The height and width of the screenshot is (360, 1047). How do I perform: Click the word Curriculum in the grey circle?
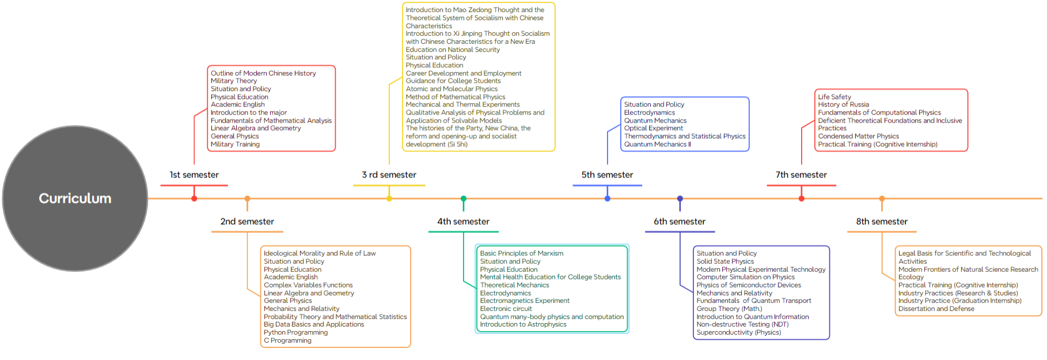tap(75, 199)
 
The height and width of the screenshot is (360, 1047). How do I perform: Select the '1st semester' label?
tap(194, 175)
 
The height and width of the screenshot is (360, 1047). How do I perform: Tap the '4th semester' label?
tap(463, 222)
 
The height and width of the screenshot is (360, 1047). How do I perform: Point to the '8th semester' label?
tap(881, 222)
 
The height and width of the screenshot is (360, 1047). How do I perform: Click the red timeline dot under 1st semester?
tap(194, 199)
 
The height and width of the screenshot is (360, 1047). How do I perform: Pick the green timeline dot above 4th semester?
tap(464, 199)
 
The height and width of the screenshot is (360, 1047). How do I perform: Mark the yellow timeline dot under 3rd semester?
tap(389, 199)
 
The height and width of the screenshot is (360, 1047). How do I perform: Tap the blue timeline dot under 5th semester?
tap(608, 199)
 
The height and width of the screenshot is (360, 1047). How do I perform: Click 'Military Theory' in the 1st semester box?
tap(234, 81)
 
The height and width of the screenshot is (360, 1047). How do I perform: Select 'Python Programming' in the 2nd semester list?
tap(295, 332)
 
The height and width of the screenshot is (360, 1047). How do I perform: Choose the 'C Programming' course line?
tap(287, 340)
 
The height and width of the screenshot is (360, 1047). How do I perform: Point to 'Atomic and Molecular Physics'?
tap(452, 89)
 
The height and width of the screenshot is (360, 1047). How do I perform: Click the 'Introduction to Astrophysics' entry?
tap(523, 324)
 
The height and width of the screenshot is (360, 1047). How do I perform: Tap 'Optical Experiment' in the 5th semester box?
tap(654, 128)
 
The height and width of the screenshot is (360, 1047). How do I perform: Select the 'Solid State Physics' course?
tap(725, 262)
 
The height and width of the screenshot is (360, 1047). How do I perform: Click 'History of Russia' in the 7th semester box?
tap(843, 105)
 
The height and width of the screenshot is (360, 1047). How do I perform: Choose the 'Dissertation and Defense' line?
tap(936, 309)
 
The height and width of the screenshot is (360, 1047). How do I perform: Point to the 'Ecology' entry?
tap(911, 277)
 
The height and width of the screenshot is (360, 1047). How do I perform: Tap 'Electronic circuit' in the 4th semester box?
tap(506, 309)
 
